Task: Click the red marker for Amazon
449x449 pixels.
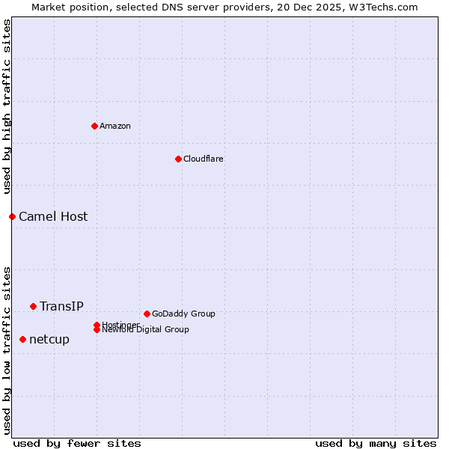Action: tap(94, 126)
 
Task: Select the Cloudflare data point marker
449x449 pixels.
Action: tap(178, 159)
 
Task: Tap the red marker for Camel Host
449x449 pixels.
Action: tap(12, 216)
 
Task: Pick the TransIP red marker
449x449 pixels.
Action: tap(33, 306)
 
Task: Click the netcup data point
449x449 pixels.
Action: tap(22, 339)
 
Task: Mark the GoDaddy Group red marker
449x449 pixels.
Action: tap(147, 314)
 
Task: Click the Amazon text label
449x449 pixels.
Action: tap(114, 126)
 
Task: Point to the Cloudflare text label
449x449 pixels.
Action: tap(203, 159)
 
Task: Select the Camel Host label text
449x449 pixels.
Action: tap(53, 216)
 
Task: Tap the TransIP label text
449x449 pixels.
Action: tap(61, 306)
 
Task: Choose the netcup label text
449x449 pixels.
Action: tap(49, 339)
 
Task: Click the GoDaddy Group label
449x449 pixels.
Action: tap(183, 314)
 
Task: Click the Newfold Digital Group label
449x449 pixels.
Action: tap(146, 330)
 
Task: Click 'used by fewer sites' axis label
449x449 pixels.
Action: tap(77, 443)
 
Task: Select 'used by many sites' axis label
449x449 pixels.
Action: tap(376, 443)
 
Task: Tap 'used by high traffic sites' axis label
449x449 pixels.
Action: tap(7, 107)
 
